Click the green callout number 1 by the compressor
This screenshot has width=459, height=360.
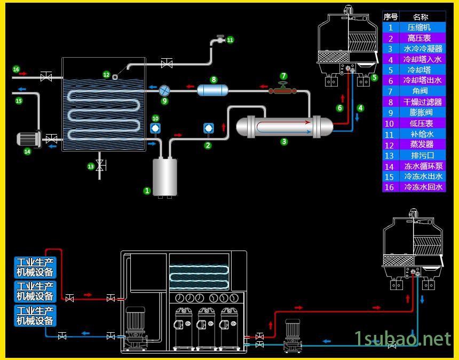tap(147, 190)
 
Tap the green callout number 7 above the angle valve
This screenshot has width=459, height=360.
tap(283, 76)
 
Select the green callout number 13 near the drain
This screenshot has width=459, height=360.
tap(90, 167)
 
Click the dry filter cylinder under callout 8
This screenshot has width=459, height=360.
tap(212, 90)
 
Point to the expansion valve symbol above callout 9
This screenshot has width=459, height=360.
tap(164, 90)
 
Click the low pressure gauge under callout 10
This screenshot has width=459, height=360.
tap(155, 128)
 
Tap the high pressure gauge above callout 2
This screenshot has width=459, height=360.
tap(208, 128)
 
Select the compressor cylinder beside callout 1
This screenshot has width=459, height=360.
tap(165, 176)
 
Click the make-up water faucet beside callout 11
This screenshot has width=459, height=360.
tap(218, 40)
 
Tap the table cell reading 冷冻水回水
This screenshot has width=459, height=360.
tap(423, 187)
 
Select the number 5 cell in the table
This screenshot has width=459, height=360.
tap(391, 70)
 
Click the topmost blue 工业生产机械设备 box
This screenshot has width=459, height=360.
tap(35, 267)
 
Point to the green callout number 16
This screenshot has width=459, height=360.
tap(16, 69)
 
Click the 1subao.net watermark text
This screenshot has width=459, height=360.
tap(403, 338)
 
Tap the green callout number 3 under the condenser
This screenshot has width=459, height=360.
tap(284, 142)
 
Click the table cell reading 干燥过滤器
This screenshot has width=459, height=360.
tap(422, 101)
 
